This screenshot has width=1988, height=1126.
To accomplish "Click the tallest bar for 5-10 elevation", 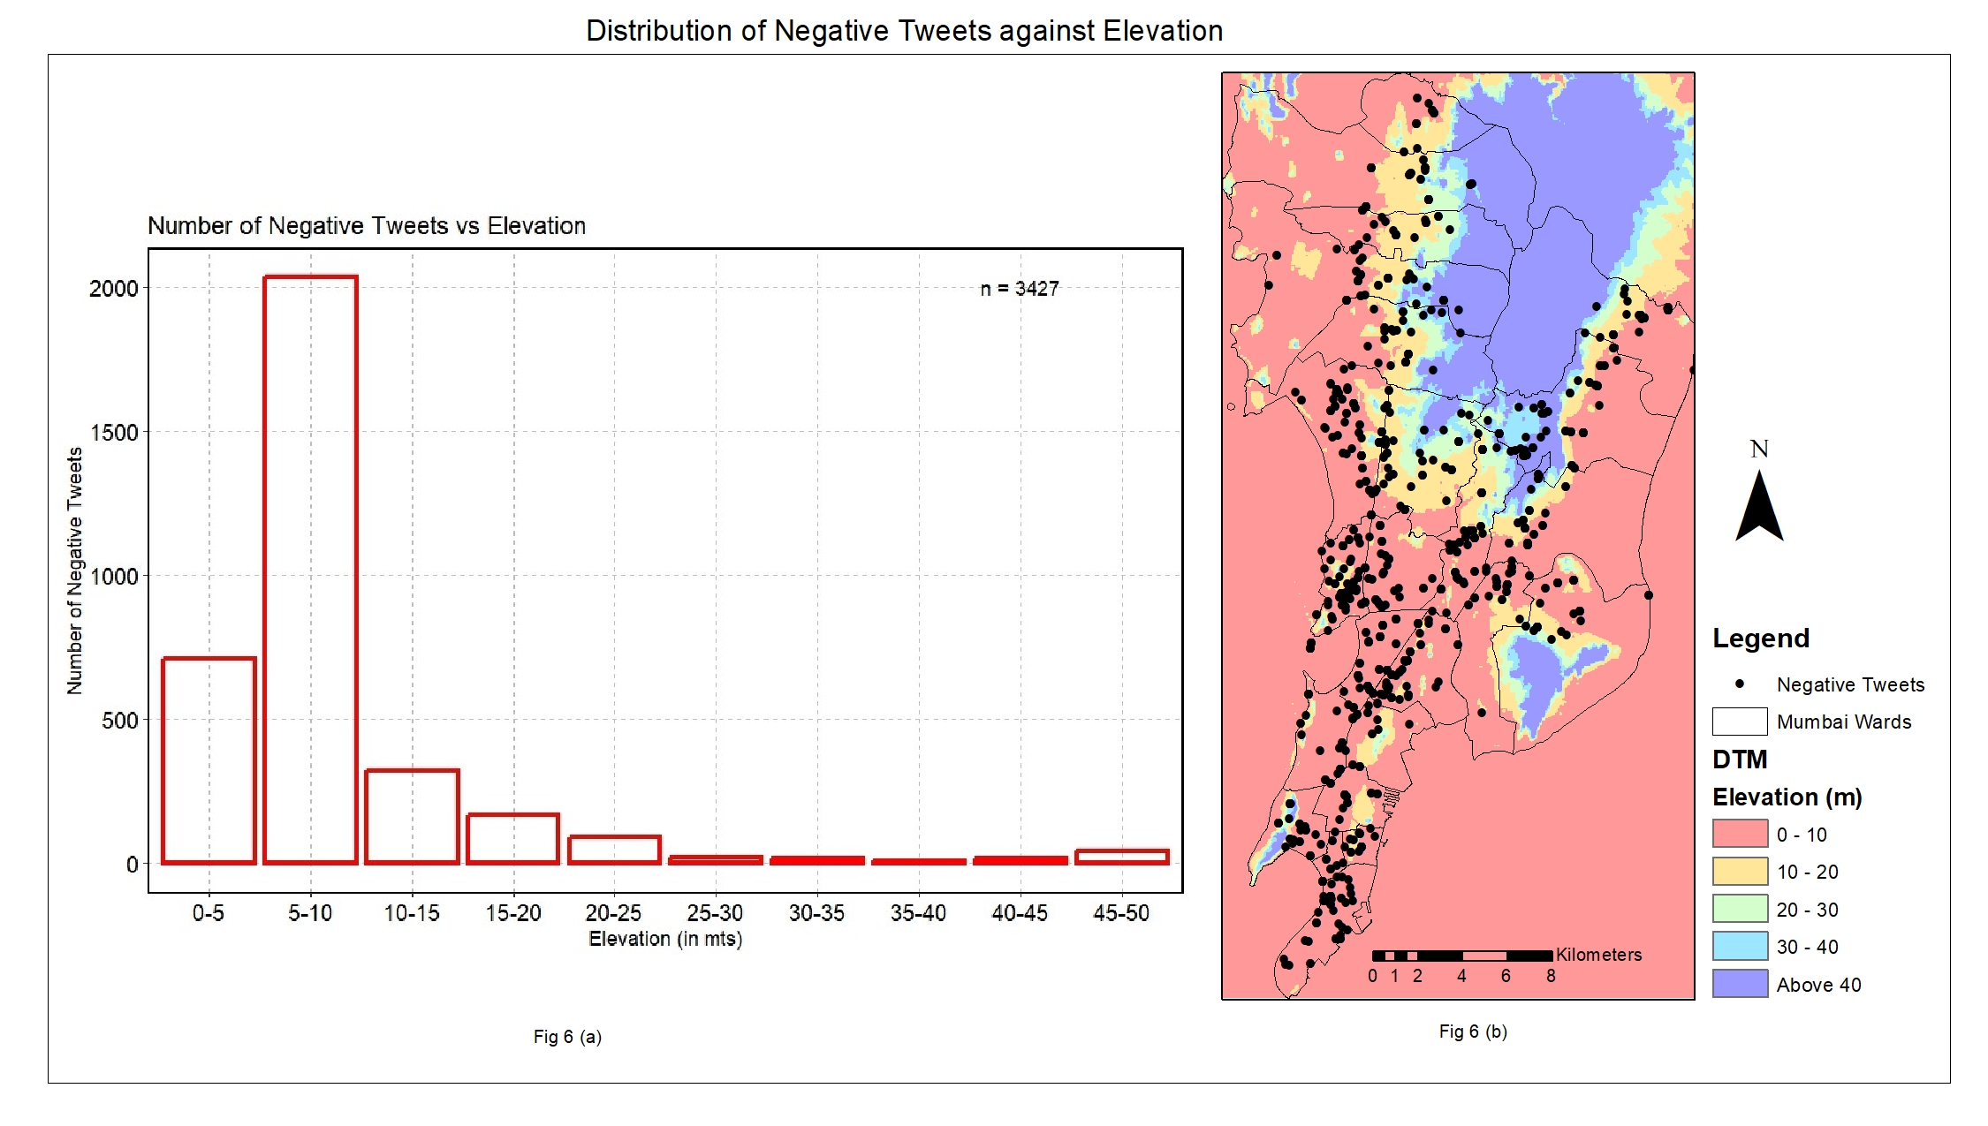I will [x=310, y=570].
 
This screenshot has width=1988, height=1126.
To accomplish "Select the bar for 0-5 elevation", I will [x=209, y=760].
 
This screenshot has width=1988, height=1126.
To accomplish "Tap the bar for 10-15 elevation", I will [x=412, y=817].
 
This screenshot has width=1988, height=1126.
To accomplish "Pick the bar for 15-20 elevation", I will [x=513, y=838].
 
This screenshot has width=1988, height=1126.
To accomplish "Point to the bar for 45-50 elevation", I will [x=1122, y=857].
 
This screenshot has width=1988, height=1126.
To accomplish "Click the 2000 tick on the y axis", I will [x=114, y=289].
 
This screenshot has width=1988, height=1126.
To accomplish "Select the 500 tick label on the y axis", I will [x=119, y=721].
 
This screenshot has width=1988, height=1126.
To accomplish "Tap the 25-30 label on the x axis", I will [x=715, y=913].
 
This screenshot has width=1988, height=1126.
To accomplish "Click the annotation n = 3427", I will [x=1020, y=289].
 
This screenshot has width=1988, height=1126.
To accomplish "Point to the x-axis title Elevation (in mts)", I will [x=665, y=939].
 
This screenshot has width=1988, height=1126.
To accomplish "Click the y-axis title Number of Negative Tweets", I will [x=75, y=571].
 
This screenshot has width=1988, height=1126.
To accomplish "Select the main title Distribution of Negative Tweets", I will [x=904, y=31].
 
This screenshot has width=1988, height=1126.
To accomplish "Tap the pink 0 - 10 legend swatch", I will [x=1740, y=834].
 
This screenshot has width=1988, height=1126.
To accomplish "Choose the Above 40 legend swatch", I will [x=1740, y=984].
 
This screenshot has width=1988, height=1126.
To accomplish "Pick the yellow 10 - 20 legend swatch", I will [x=1740, y=872].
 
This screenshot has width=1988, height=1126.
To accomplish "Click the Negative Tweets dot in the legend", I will [x=1740, y=684].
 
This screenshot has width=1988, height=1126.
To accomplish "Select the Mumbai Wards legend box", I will [x=1740, y=722].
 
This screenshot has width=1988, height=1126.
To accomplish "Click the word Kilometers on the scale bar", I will [x=1598, y=955].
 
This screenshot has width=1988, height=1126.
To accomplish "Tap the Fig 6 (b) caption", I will [x=1473, y=1032].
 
